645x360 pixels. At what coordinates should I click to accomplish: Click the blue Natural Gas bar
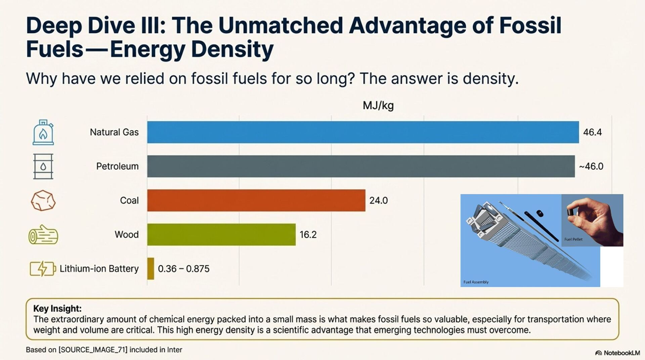[363, 132]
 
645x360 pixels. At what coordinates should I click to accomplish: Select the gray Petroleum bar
[361, 166]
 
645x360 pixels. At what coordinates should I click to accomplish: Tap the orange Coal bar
[256, 200]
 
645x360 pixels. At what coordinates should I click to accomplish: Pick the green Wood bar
[221, 235]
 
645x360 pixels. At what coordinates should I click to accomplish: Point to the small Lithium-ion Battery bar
[150, 269]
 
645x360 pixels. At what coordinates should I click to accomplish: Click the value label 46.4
[592, 132]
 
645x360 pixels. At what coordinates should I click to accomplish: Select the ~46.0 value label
[591, 166]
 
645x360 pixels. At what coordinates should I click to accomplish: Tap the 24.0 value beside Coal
[378, 201]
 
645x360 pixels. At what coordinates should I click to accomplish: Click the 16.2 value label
[308, 235]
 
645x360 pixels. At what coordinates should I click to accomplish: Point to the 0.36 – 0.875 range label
[183, 269]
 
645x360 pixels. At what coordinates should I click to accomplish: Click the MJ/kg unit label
[378, 106]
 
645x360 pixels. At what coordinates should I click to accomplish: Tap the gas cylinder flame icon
[43, 132]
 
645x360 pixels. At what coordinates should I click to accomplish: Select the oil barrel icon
[43, 166]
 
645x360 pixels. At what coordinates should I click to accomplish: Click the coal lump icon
[43, 201]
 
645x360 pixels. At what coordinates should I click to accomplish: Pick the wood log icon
[43, 235]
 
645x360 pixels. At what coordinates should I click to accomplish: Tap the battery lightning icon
[43, 269]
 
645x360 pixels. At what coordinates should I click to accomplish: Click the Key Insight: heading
[57, 309]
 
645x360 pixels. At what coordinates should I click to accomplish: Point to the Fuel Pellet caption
[573, 239]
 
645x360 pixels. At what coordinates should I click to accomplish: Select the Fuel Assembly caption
[476, 282]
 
